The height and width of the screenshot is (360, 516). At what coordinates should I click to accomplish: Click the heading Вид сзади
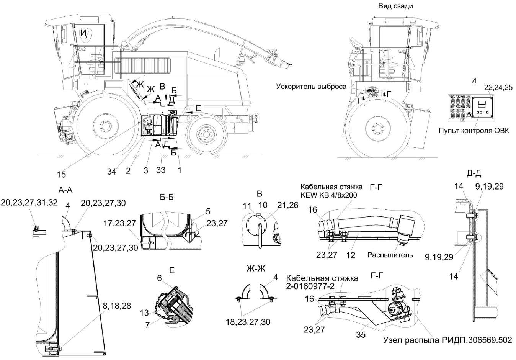coord(395,6)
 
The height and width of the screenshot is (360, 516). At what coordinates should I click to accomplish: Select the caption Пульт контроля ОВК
coord(474,131)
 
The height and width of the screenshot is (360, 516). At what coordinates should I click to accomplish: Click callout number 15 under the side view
coord(61,174)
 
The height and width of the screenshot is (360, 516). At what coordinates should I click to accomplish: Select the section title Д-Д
coord(474,174)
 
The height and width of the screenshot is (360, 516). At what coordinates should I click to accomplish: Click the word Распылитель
coord(390,254)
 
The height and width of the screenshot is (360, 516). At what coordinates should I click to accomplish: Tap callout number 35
coord(361,335)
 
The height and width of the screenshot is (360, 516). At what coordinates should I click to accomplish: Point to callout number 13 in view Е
coord(144,313)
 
